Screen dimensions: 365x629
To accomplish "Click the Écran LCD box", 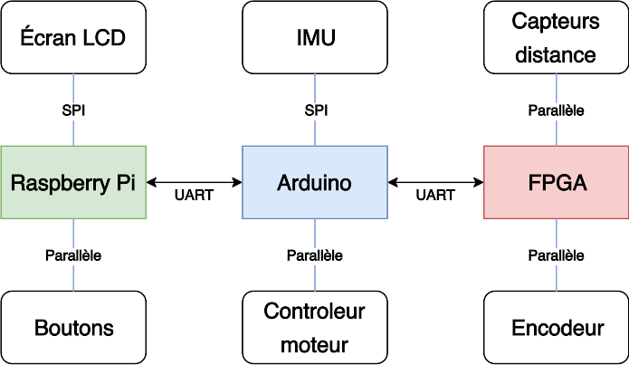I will tap(73, 37).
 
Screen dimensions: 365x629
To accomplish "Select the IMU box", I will tap(315, 37).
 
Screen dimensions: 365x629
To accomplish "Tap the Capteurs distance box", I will tap(556, 37).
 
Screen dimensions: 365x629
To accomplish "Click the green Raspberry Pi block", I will tap(73, 182).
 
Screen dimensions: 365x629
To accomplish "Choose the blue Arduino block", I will tap(315, 182).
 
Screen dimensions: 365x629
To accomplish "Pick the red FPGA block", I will tap(556, 182).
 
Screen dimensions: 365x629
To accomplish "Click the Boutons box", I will tap(73, 327).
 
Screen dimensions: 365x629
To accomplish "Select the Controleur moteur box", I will tap(315, 327).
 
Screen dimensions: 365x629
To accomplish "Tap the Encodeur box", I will tap(556, 327).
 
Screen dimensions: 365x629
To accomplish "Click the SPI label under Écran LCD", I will tap(73, 110).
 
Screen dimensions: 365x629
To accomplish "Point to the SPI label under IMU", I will tap(315, 110).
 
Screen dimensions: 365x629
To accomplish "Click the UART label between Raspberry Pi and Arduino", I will tap(193, 195).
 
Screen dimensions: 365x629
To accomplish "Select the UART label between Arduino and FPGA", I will tap(435, 195).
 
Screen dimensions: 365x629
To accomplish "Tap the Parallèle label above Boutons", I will tap(73, 255).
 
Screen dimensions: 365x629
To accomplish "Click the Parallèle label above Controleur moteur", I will tap(315, 255).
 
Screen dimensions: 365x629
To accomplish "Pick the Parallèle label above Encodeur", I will tap(556, 255).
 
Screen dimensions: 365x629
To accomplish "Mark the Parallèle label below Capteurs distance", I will tap(556, 110).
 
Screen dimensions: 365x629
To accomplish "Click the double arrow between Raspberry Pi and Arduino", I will tap(194, 182).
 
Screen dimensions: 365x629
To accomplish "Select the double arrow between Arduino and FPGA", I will tap(435, 182).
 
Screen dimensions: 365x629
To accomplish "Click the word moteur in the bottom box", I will tap(315, 344).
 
